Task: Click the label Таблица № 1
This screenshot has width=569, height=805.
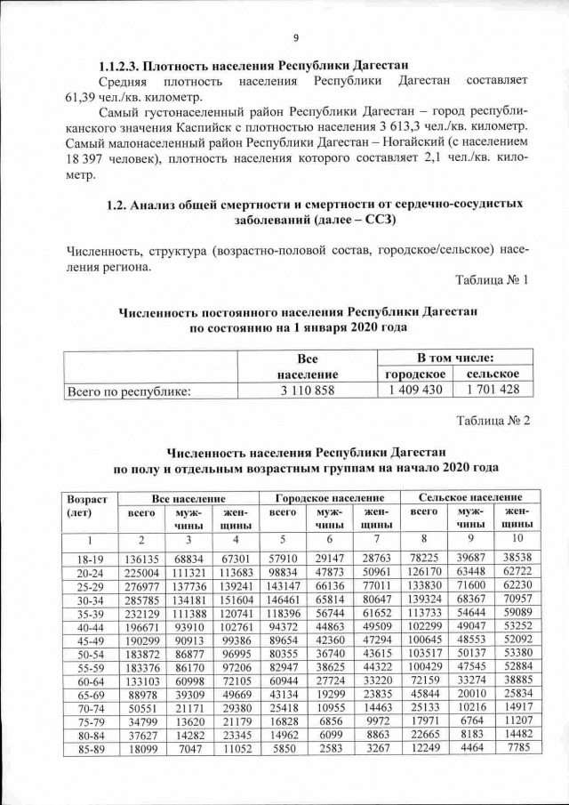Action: point(492,280)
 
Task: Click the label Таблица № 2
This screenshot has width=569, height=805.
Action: point(492,421)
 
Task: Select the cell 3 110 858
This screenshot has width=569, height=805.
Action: point(307,390)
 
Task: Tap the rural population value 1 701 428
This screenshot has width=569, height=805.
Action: point(493,390)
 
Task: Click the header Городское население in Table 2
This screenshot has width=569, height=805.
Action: point(330,497)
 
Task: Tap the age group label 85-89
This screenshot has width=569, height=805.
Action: point(87,750)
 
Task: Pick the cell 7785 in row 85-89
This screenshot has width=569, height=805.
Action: point(516,750)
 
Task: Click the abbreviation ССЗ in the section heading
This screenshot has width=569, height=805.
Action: point(378,219)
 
